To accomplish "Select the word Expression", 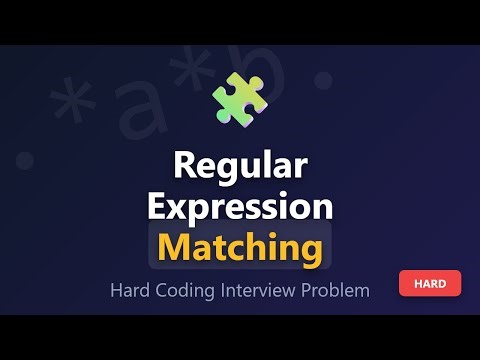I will pyautogui.click(x=240, y=207).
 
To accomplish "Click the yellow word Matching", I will pyautogui.click(x=240, y=246).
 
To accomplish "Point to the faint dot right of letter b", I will pyautogui.click(x=322, y=78).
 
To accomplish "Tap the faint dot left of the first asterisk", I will pyautogui.click(x=24, y=160).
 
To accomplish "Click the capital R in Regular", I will pyautogui.click(x=185, y=166).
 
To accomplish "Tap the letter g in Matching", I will pyautogui.click(x=311, y=250).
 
